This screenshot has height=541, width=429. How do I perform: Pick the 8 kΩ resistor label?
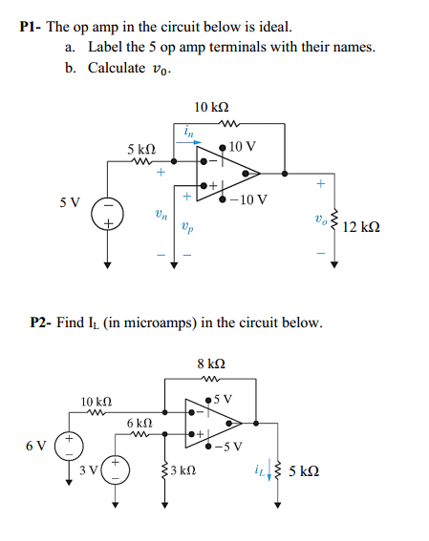pyautogui.click(x=210, y=364)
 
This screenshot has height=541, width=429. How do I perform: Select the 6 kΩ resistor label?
pyautogui.click(x=139, y=421)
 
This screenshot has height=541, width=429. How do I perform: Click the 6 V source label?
pyautogui.click(x=36, y=446)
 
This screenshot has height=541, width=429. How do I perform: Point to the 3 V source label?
pyautogui.click(x=89, y=468)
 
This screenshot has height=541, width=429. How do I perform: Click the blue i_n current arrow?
pyautogui.click(x=185, y=141)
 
